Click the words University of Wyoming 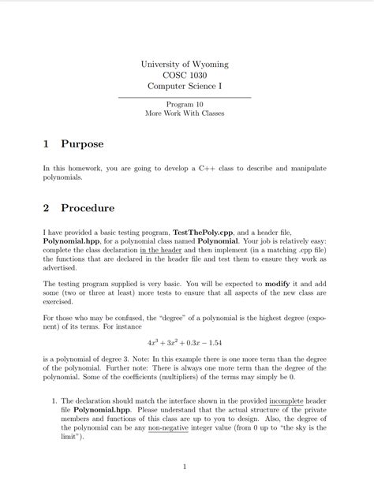[184, 64]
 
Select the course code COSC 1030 [184, 75]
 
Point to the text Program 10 [185, 104]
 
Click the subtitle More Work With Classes [185, 114]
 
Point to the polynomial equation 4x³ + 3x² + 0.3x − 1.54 [185, 343]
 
